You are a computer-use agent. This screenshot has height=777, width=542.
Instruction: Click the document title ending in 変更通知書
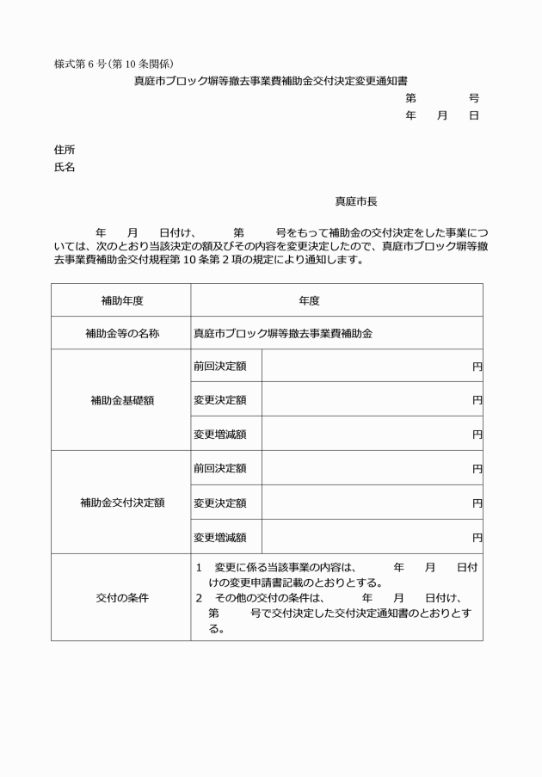pos(270,81)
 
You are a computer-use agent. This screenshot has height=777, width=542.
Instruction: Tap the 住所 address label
pos(64,149)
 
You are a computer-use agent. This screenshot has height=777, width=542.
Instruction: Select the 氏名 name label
pos(64,167)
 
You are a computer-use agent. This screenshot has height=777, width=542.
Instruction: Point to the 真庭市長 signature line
pos(355,201)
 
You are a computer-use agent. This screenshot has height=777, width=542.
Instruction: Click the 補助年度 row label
pos(121,300)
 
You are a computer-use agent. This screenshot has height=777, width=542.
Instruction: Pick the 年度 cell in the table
pos(310,300)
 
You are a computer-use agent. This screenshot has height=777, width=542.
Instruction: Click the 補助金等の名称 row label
pos(121,333)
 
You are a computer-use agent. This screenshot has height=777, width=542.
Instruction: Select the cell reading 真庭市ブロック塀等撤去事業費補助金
pos(282,333)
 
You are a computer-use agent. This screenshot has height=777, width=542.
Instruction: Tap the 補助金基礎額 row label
pos(121,400)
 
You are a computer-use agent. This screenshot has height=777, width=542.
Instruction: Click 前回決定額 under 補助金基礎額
pos(220,367)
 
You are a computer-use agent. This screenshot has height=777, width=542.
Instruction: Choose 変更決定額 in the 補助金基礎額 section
pos(220,400)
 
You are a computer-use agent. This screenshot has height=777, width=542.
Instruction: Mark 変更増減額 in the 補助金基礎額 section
pos(220,435)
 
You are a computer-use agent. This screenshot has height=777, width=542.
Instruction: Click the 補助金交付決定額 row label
pos(121,503)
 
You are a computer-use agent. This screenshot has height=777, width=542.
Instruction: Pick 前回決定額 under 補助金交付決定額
pos(220,468)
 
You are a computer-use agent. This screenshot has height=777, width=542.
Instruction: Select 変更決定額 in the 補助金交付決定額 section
pos(220,503)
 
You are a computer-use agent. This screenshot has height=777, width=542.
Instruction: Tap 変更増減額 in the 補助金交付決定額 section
pos(220,538)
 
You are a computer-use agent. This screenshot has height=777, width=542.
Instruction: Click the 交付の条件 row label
pos(121,598)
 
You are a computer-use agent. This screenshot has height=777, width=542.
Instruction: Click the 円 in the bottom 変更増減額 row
pos(477,538)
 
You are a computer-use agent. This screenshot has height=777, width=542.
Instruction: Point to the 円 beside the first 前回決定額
pos(477,367)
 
